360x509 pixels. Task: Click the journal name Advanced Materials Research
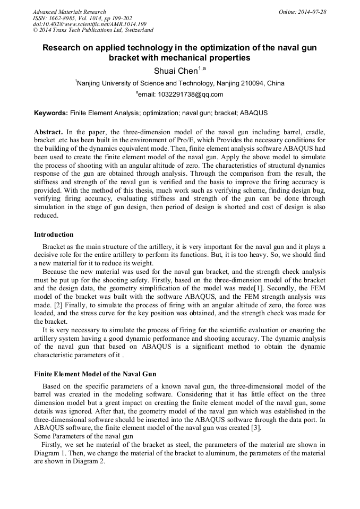[70, 12]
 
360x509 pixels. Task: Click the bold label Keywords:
[51, 114]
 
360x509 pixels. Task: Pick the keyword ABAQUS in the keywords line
[254, 114]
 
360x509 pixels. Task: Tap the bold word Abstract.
[48, 132]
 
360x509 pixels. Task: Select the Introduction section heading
[54, 235]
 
